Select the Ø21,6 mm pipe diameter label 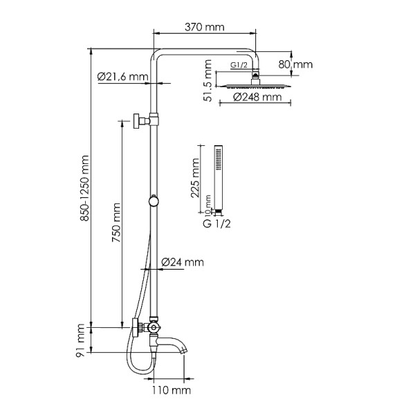[123, 76]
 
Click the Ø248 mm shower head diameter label [257, 98]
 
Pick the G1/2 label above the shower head [239, 66]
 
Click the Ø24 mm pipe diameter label [183, 262]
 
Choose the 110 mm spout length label [171, 391]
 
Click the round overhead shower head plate [256, 86]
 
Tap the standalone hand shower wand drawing [218, 176]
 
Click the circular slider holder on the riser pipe [154, 202]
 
